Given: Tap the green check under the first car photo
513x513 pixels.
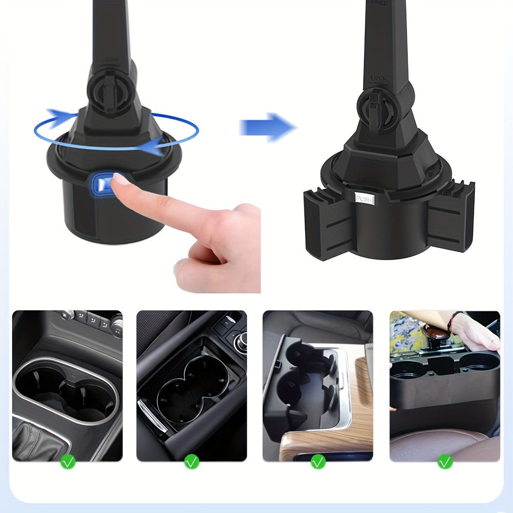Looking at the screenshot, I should click(x=68, y=462).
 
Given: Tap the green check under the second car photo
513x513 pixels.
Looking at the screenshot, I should click(x=191, y=462).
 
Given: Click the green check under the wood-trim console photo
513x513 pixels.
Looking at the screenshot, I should click(x=318, y=462).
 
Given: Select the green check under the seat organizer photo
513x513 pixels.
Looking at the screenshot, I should click(x=445, y=462).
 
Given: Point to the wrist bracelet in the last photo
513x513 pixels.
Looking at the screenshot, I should click(x=451, y=322).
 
